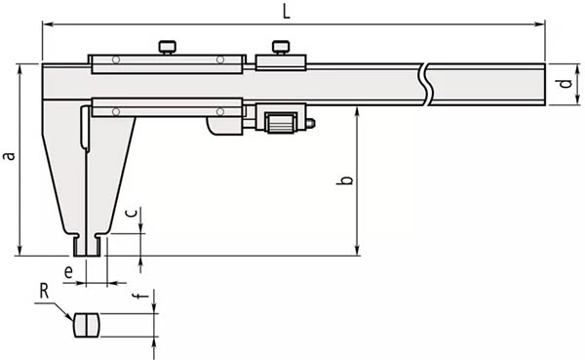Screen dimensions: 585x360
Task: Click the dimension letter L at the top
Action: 286,13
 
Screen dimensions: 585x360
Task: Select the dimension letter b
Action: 345,180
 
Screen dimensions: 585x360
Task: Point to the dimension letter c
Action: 131,213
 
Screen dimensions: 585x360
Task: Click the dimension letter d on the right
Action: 565,83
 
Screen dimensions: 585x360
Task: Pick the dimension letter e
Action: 68,272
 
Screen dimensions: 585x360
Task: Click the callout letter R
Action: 45,292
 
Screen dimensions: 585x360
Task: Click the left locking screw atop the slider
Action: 168,48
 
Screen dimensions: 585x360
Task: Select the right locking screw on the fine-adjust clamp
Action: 280,48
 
